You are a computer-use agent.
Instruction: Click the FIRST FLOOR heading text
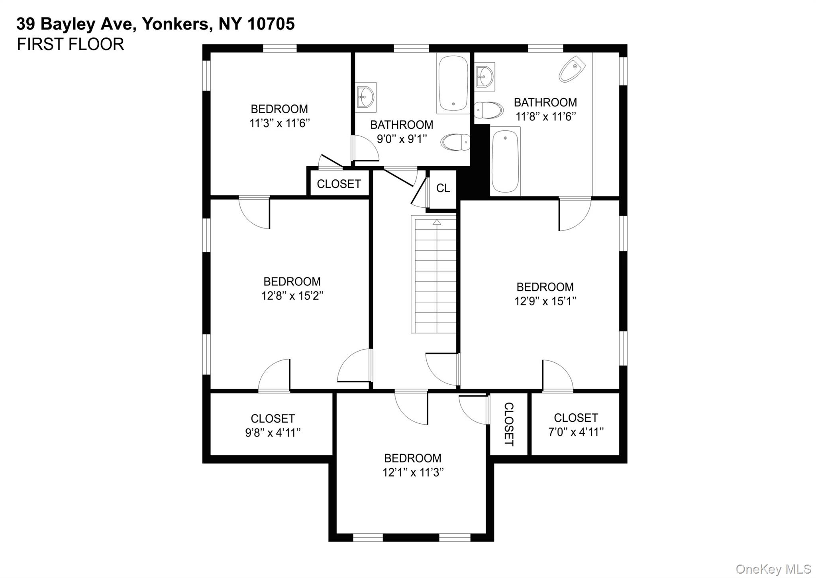click(70, 44)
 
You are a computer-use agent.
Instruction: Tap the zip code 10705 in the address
click(271, 24)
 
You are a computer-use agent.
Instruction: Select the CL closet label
click(443, 188)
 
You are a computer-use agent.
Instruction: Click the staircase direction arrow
click(437, 222)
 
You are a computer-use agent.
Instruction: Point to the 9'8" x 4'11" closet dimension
click(273, 433)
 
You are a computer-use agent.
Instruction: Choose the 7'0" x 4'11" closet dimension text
click(576, 432)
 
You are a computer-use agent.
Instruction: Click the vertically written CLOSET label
click(509, 424)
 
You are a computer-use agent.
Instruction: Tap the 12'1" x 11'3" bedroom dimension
click(413, 472)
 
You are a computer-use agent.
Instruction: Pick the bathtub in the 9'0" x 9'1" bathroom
click(453, 83)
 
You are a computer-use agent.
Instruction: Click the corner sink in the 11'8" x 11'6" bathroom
click(572, 69)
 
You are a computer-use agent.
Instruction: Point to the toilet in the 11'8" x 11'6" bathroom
click(488, 110)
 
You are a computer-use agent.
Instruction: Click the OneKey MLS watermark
click(773, 569)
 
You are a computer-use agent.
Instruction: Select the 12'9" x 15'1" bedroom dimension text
click(545, 301)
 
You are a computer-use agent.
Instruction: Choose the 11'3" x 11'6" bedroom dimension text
click(279, 123)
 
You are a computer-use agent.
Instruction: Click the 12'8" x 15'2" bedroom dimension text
click(292, 296)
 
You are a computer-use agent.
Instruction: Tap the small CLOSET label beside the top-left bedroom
click(339, 184)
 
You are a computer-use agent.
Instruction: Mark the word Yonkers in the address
click(175, 24)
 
